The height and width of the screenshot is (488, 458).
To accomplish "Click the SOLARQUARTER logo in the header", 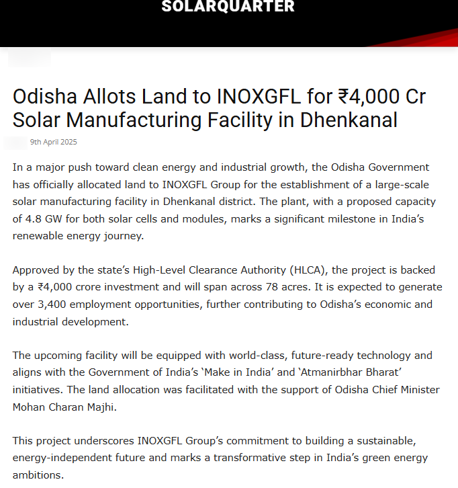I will point(228,7).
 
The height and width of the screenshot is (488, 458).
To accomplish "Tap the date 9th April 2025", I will point(54,142).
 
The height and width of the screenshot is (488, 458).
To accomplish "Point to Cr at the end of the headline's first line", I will point(414,97).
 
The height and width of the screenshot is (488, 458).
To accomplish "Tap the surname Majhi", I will point(101,407).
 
